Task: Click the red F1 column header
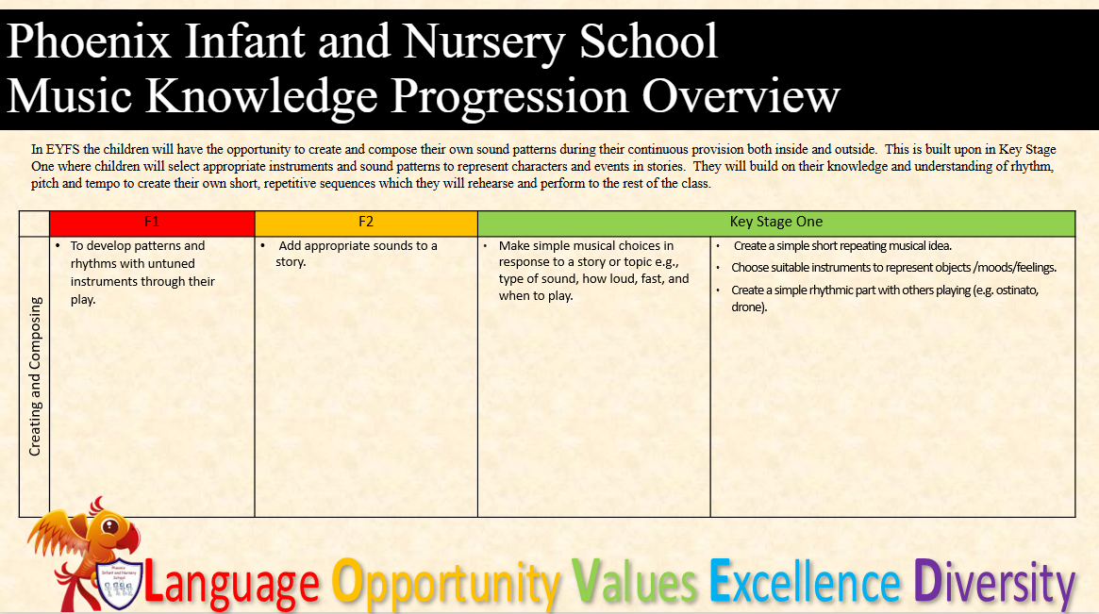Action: point(152,224)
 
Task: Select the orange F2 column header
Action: point(366,224)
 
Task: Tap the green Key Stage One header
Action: point(775,224)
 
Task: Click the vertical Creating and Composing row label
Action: point(35,376)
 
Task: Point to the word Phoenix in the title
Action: point(89,41)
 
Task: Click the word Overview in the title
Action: point(741,96)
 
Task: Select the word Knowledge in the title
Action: point(262,97)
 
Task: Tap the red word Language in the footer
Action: point(232,583)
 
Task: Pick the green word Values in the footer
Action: point(634,582)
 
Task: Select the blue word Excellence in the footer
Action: point(805,582)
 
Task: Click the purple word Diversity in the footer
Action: point(994,583)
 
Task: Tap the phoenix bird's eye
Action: point(110,525)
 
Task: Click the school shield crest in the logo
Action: point(119,583)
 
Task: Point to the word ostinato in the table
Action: point(1016,290)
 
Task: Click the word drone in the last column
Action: point(747,307)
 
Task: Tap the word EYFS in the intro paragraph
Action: point(63,149)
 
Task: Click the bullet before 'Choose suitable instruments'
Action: point(718,268)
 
